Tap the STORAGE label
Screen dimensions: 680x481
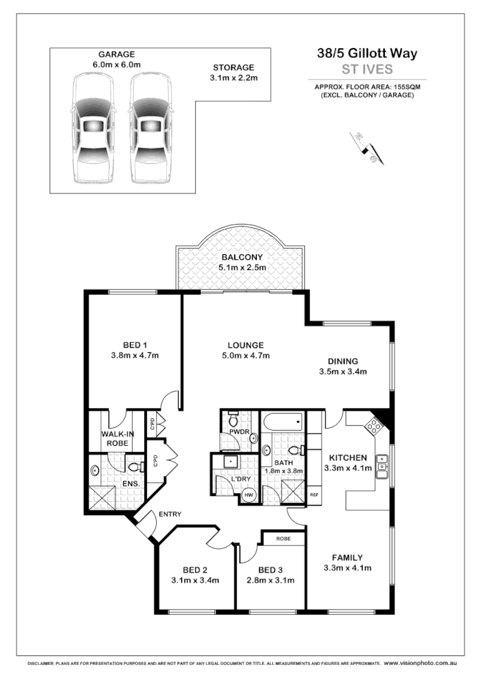[233, 67]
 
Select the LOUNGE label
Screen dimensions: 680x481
[245, 345]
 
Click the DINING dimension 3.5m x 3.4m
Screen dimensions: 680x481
[343, 372]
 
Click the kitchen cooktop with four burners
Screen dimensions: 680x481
[375, 426]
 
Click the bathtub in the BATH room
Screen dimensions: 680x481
[282, 420]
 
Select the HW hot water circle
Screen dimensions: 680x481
[248, 494]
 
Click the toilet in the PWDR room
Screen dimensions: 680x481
[233, 419]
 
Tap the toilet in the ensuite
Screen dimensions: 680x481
[136, 467]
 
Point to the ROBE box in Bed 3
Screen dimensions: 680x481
[282, 539]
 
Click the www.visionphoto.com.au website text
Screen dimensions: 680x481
[420, 664]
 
